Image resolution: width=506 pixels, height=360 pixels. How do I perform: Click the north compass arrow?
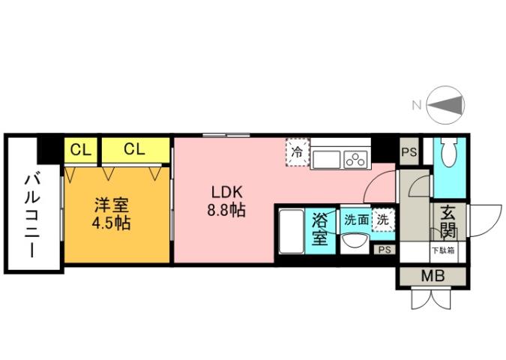point(448,106)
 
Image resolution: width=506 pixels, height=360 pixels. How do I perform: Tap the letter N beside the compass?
point(416,106)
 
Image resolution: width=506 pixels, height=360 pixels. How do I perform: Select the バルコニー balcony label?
point(32,214)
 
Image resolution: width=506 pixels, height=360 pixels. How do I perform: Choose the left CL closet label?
point(80,148)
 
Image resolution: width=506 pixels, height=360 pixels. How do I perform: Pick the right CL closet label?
point(133,148)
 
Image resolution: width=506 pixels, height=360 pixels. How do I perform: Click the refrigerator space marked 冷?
point(298,151)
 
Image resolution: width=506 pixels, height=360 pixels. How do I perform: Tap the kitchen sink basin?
point(326,159)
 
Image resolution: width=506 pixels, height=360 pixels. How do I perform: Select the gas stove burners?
point(355,159)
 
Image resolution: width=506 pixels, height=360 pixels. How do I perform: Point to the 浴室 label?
point(320,229)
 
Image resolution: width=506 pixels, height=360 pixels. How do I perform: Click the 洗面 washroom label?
point(356,220)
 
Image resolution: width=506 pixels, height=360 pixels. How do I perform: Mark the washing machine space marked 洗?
point(383,220)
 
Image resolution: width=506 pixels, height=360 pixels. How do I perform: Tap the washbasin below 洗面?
point(354,241)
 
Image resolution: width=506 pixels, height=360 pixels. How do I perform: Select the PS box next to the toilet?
point(409,152)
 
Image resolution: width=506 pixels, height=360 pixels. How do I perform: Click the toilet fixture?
point(450,156)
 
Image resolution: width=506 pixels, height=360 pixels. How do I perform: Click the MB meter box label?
point(433,276)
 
